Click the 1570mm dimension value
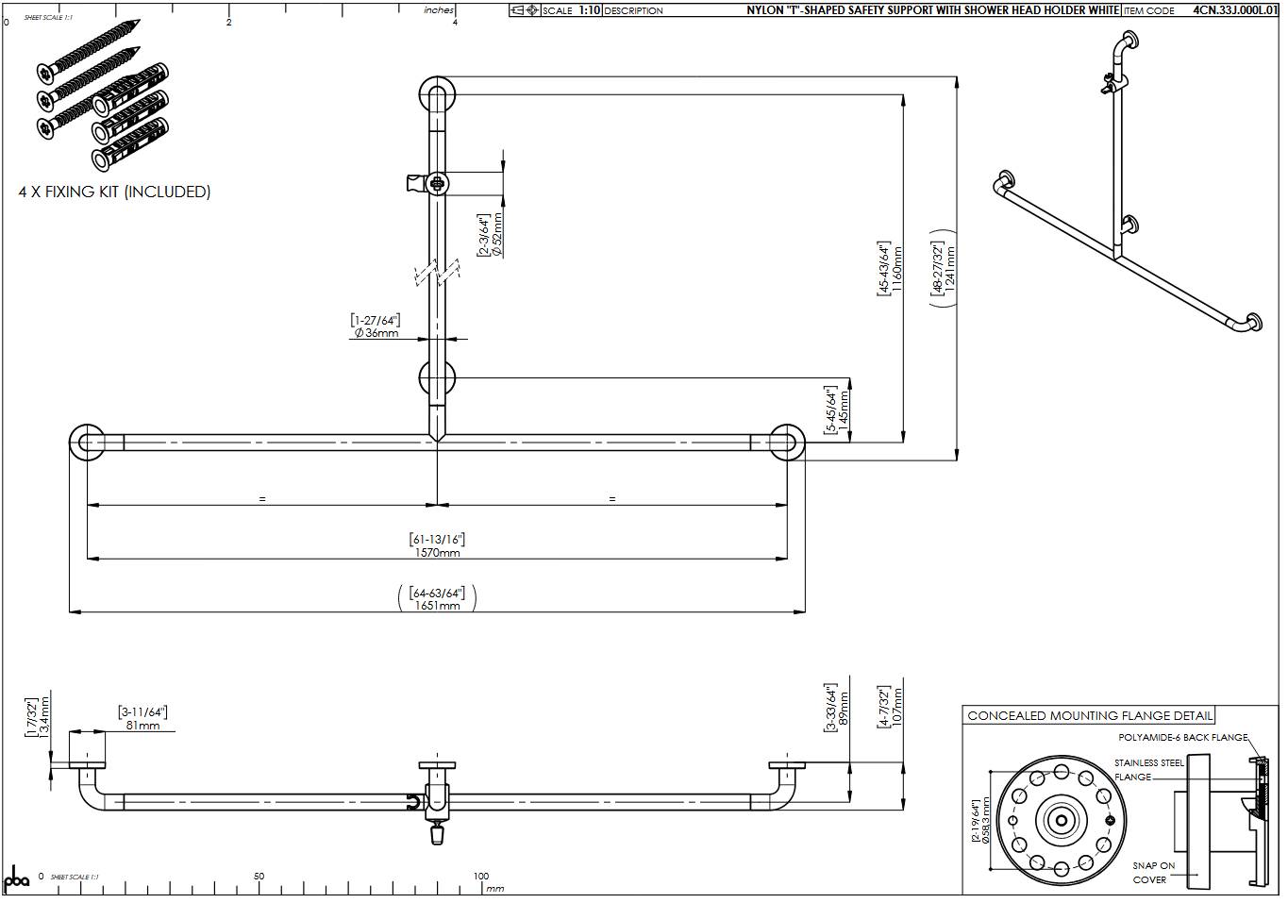(437, 553)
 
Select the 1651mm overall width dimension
(437, 606)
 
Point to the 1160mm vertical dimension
(897, 269)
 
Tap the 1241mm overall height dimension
(950, 270)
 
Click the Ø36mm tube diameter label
(376, 333)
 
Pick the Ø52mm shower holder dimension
(497, 235)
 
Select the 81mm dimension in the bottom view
(142, 725)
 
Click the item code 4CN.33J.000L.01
(1232, 10)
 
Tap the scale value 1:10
(589, 10)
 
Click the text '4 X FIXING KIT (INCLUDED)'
(114, 192)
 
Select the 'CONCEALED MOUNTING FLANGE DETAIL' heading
(1089, 715)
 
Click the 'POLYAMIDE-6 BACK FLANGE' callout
(1182, 737)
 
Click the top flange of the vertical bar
(437, 94)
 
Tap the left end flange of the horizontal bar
(88, 443)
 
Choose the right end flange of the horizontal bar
(786, 443)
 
